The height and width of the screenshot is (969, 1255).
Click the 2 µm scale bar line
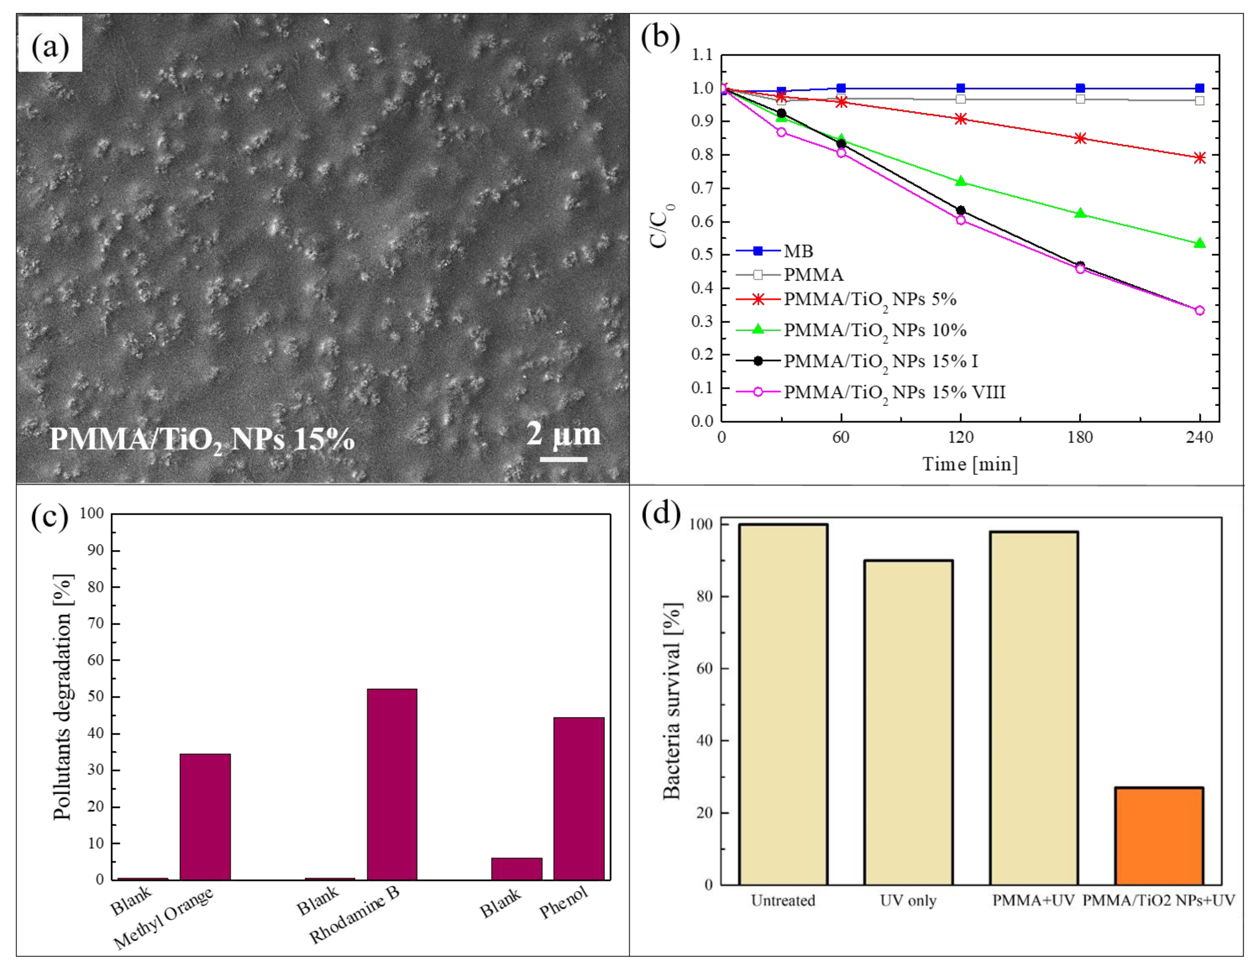tap(563, 459)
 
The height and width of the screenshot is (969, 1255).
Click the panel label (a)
tap(50, 46)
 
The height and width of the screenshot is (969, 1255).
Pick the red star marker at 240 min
tap(1199, 157)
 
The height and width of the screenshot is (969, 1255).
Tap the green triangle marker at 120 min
tap(960, 182)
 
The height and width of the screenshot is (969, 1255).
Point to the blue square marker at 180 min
tap(1080, 88)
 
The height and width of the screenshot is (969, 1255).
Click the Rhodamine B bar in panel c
tap(392, 784)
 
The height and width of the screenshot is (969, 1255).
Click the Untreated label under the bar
tap(783, 900)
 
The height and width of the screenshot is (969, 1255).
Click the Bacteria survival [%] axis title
tap(672, 701)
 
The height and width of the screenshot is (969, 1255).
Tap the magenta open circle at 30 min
tap(781, 132)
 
